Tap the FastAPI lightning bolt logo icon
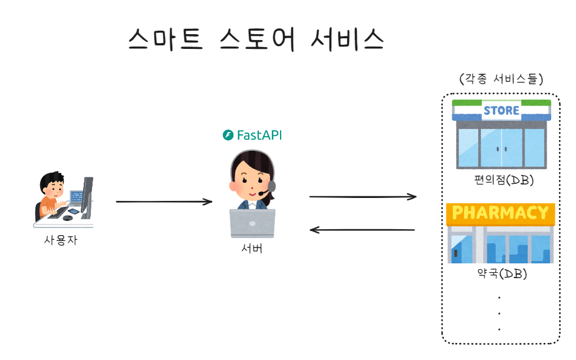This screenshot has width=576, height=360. [x=228, y=136]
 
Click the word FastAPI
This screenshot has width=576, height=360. [x=259, y=136]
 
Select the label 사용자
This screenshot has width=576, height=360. [x=60, y=240]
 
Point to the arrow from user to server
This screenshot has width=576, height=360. [x=164, y=202]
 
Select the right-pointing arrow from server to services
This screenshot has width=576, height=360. [x=363, y=196]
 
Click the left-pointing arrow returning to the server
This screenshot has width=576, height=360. [x=363, y=229]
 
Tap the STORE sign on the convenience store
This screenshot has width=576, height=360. [x=501, y=110]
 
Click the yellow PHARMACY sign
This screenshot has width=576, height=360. [x=501, y=213]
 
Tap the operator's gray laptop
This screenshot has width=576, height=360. [x=252, y=223]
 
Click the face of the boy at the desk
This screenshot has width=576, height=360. [x=53, y=187]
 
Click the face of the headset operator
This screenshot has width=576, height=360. [x=251, y=181]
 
